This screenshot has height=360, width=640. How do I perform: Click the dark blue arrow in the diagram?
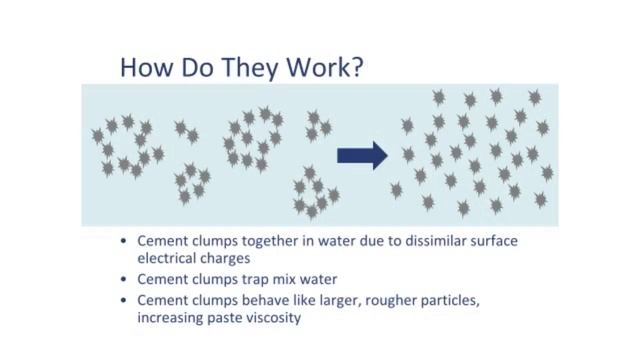coord(361,154)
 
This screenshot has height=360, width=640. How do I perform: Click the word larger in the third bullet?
coord(321,301)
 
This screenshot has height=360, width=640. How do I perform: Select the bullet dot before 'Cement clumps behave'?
coord(122,300)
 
